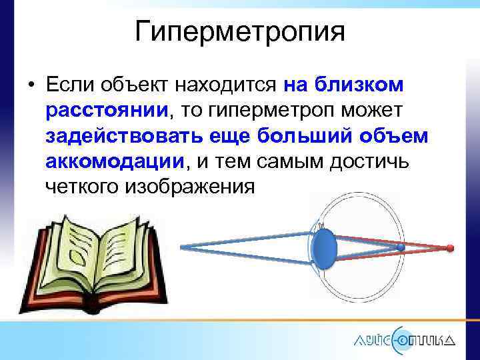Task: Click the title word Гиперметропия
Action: [x=240, y=31]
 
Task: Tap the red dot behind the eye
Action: [x=450, y=248]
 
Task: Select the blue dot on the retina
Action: [x=400, y=247]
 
